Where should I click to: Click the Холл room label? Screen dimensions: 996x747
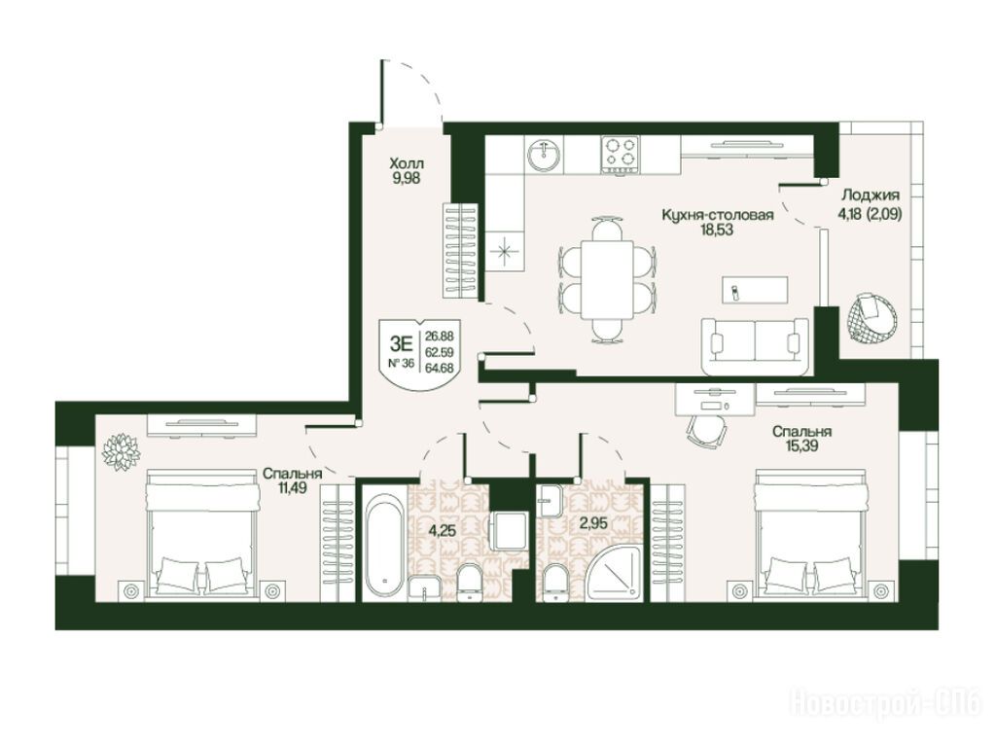coord(406,163)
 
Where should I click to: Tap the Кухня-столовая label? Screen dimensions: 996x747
coord(718,215)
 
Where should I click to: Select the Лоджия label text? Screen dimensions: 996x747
coord(871,195)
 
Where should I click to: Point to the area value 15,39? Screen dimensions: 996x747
coord(802,445)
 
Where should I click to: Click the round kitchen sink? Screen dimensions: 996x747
coord(545,155)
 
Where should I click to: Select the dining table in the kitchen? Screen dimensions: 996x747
coord(607,280)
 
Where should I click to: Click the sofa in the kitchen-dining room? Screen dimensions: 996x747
coord(755,347)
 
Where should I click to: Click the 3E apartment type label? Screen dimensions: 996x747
coord(402,345)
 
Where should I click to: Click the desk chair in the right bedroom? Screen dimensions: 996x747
coord(706,431)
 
